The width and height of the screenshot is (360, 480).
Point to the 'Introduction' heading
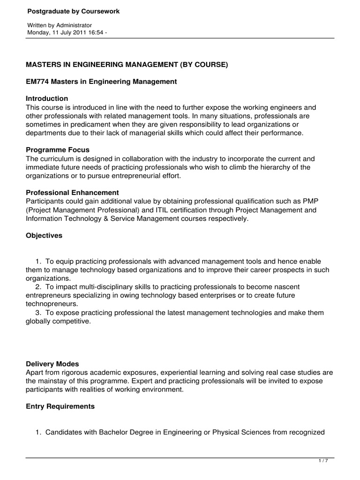pyautogui.click(x=47, y=98)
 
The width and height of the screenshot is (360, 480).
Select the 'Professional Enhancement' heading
pyautogui.click(x=72, y=192)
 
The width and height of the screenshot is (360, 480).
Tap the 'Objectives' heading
pyautogui.click(x=44, y=236)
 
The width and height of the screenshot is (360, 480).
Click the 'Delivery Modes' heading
pyautogui.click(x=52, y=364)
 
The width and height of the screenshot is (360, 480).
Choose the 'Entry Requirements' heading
pyautogui.click(x=60, y=406)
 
